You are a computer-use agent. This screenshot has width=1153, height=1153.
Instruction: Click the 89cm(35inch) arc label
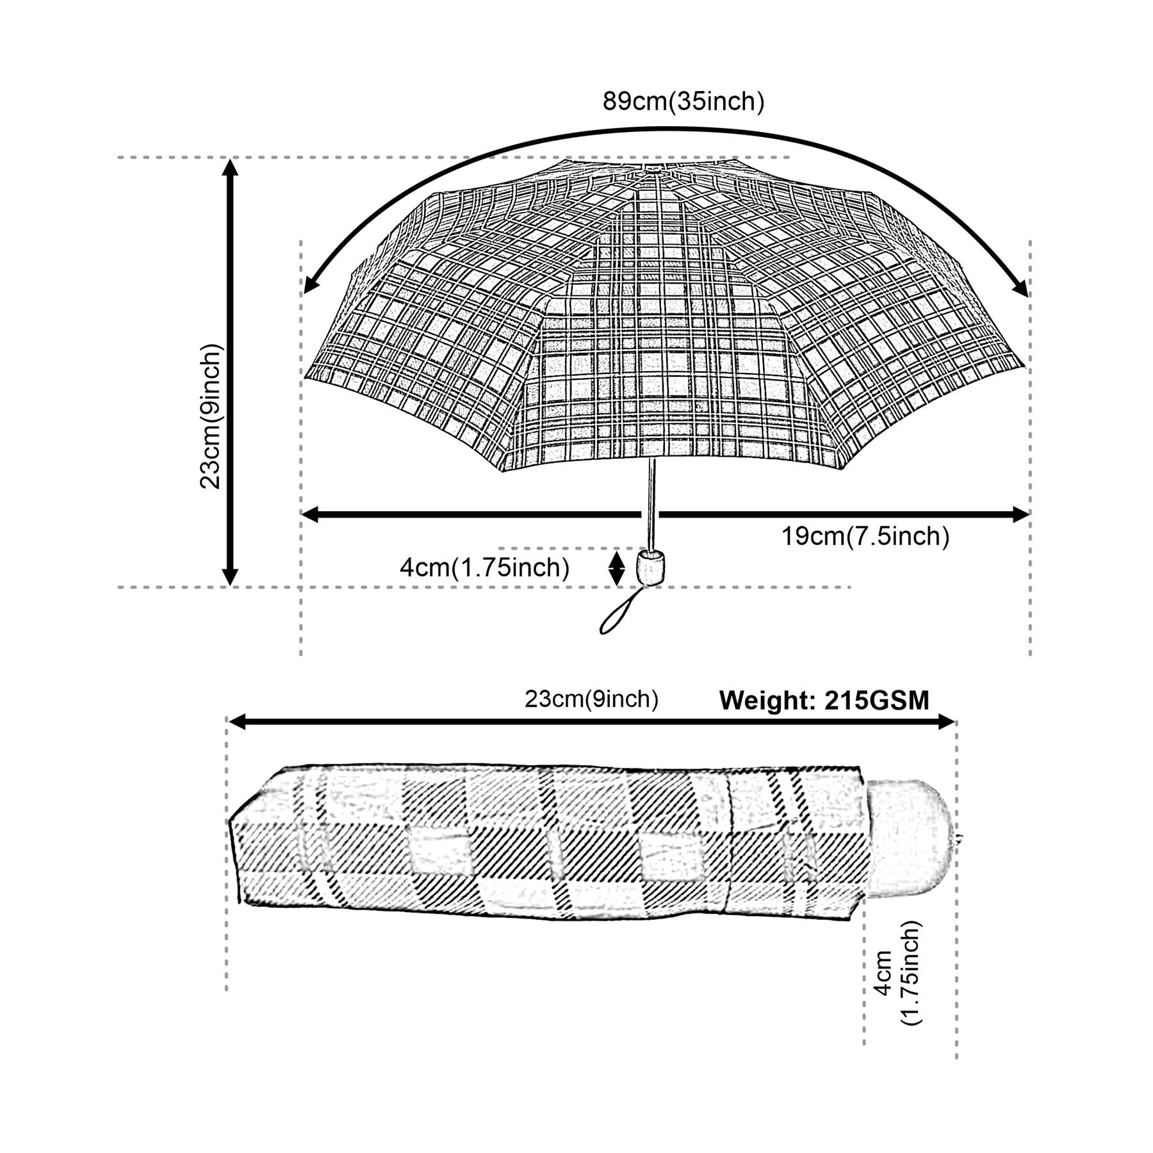pyautogui.click(x=683, y=102)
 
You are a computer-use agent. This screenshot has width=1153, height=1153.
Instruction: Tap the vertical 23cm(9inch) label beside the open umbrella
pyautogui.click(x=210, y=416)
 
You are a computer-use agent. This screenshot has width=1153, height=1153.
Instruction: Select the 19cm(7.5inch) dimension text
pyautogui.click(x=865, y=536)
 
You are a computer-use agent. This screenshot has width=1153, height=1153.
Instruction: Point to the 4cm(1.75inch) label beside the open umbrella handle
pyautogui.click(x=484, y=568)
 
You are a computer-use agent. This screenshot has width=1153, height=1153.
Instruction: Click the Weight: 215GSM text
pyautogui.click(x=824, y=701)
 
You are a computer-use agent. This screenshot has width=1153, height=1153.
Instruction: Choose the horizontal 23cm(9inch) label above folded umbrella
pyautogui.click(x=591, y=699)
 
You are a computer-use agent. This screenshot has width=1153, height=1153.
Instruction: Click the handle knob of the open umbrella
pyautogui.click(x=650, y=566)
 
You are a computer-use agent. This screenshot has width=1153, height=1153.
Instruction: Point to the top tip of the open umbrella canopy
pyautogui.click(x=653, y=167)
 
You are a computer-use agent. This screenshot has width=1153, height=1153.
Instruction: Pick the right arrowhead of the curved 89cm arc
pyautogui.click(x=1021, y=288)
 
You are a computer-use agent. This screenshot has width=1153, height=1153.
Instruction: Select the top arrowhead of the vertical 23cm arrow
pyautogui.click(x=230, y=167)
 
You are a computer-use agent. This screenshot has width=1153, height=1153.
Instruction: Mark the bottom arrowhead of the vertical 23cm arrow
pyautogui.click(x=230, y=576)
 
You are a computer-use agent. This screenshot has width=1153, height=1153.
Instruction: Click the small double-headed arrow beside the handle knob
pyautogui.click(x=616, y=568)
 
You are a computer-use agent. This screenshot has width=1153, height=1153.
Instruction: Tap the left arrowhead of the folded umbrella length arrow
pyautogui.click(x=238, y=723)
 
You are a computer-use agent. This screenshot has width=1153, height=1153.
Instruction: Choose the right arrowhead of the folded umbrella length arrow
pyautogui.click(x=947, y=723)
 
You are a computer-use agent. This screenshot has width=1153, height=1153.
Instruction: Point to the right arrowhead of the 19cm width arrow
pyautogui.click(x=1020, y=514)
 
